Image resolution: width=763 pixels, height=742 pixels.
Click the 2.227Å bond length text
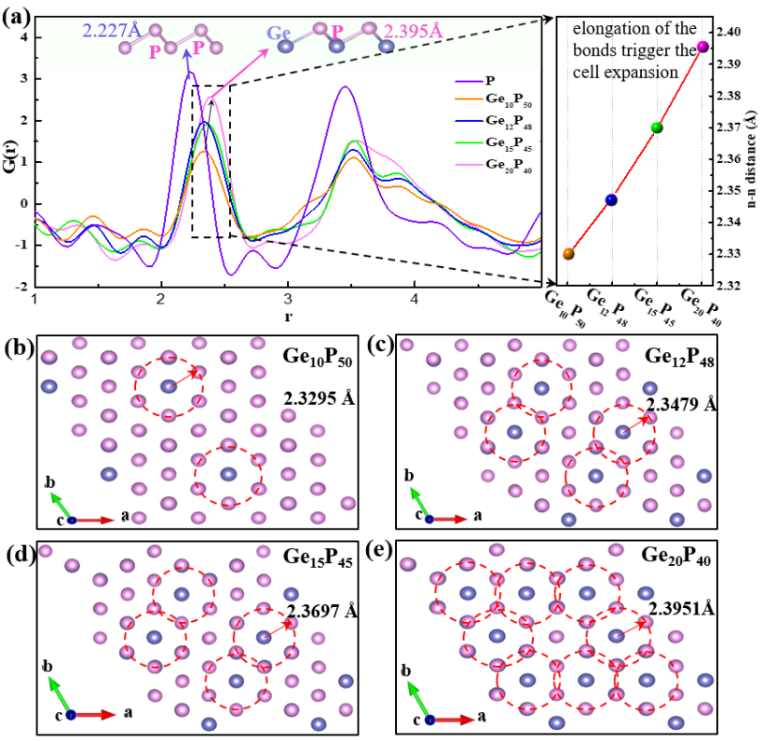coord(112,32)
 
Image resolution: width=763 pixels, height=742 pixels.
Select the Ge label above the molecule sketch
coord(280,33)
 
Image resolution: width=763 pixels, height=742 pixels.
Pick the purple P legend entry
coord(491,80)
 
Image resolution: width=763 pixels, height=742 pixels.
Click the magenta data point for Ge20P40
coord(702,46)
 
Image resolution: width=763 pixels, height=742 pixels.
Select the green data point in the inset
coord(657,128)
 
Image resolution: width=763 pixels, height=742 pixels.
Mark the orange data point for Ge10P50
coord(568,253)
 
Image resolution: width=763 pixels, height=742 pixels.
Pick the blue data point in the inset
coord(612,199)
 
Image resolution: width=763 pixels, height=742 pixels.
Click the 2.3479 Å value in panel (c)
coord(681,404)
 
